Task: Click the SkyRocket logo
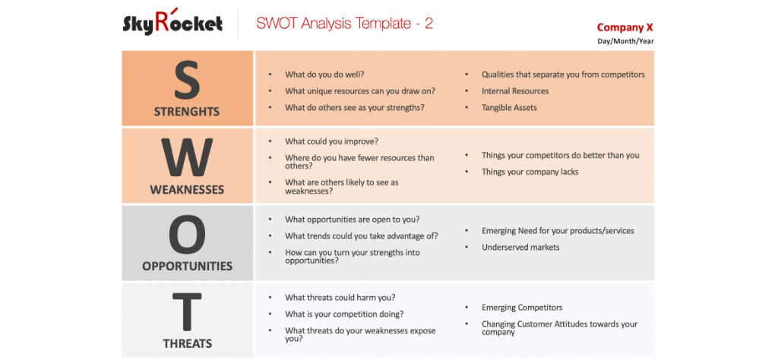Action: point(172,23)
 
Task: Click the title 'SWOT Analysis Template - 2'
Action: point(344,24)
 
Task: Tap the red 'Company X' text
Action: point(625,27)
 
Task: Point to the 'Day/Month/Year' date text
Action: point(625,41)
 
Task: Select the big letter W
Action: point(187,158)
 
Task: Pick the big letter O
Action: point(187,235)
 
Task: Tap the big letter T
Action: point(187,312)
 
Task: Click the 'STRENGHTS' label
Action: point(187,112)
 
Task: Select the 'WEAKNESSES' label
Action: point(187,190)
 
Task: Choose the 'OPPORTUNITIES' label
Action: point(187,267)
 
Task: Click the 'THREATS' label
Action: point(187,344)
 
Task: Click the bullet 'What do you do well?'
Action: point(324,74)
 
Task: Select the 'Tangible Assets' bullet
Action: point(509,108)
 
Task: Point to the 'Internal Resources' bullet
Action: point(515,91)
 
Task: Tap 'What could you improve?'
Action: point(331,141)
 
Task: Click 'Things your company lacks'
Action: point(530,172)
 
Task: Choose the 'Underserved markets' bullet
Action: point(520,247)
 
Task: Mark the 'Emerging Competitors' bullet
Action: point(522,308)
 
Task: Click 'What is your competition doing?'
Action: point(344,314)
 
